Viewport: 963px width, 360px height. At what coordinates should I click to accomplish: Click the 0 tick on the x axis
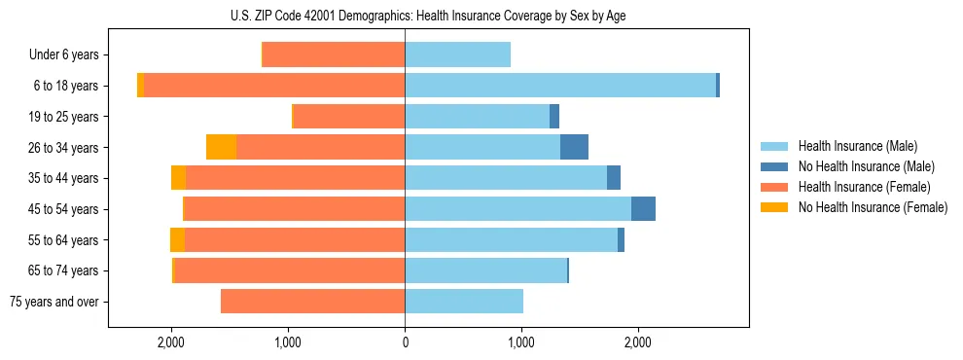click(405, 342)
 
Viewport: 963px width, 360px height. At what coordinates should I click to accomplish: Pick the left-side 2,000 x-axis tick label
click(171, 342)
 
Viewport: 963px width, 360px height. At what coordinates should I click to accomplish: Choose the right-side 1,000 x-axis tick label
click(521, 342)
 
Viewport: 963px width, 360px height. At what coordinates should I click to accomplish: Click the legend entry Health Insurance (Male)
click(857, 146)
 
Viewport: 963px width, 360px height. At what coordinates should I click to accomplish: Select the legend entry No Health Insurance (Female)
click(873, 207)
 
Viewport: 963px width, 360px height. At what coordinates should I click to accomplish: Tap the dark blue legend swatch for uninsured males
click(775, 166)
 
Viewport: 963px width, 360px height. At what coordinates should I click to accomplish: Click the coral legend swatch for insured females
click(775, 187)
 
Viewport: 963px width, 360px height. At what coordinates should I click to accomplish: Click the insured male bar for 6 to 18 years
click(560, 86)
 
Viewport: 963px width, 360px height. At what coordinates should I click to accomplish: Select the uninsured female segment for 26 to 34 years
click(222, 147)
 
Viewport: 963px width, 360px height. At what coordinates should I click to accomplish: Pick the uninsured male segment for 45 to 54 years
click(643, 208)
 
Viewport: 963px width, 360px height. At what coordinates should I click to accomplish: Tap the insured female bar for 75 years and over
click(312, 302)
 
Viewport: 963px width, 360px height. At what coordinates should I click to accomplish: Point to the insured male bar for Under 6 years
click(457, 55)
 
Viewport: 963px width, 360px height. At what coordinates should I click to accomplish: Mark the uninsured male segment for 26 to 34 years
click(574, 147)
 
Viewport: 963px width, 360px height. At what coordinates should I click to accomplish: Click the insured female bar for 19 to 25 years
click(349, 117)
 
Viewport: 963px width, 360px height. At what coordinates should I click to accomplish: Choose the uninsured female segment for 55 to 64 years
click(177, 240)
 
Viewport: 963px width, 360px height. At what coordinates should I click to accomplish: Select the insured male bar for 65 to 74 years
click(485, 270)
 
